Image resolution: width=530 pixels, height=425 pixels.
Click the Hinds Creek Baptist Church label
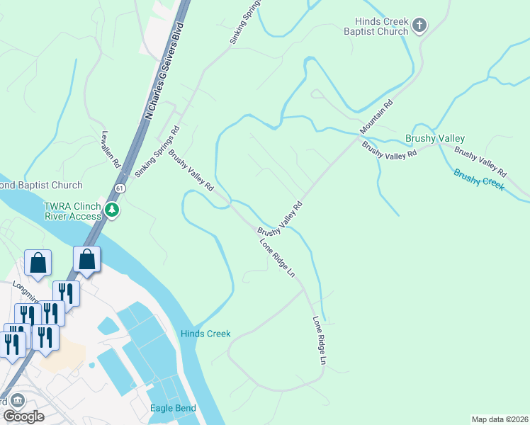tap(376, 27)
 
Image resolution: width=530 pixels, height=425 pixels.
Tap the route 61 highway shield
tap(120, 188)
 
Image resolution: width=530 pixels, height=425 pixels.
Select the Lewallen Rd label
tap(112, 149)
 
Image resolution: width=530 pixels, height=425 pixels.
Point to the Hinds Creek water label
tap(205, 334)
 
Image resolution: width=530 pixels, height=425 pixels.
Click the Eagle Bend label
tap(173, 408)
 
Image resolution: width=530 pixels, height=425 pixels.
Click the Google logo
tap(23, 416)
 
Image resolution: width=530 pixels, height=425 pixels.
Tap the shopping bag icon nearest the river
tap(86, 260)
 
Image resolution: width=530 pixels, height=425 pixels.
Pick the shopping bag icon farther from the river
tap(38, 263)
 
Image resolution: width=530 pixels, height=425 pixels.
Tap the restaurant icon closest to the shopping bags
tap(66, 293)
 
